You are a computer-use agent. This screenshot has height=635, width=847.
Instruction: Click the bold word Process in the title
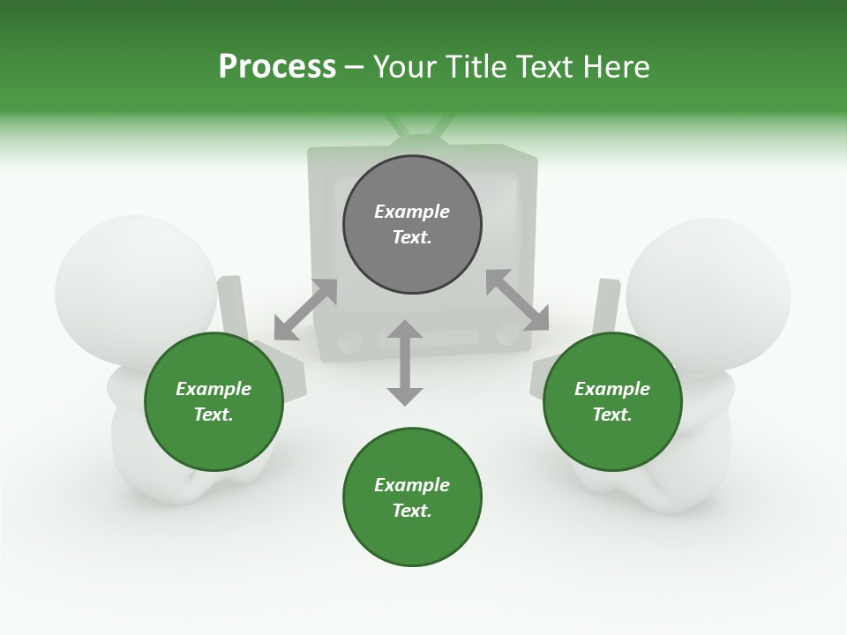[x=277, y=67]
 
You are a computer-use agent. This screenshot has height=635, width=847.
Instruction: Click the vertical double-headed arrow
[x=405, y=362]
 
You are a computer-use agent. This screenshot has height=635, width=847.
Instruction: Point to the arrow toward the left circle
[x=305, y=310]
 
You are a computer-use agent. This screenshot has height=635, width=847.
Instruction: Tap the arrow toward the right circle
[x=517, y=300]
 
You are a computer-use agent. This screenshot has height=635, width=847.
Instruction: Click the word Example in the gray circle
[x=412, y=212]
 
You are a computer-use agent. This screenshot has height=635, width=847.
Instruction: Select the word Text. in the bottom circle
[x=412, y=511]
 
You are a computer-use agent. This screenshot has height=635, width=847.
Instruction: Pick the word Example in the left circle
[x=214, y=389]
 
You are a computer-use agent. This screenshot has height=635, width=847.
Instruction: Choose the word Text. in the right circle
[x=612, y=415]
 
